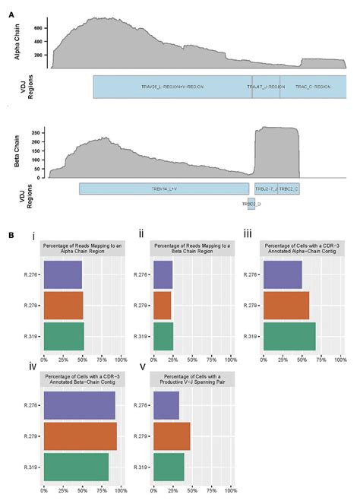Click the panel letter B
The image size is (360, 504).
[x=11, y=236]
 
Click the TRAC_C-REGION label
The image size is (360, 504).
[x=312, y=87]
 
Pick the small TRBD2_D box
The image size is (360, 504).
[x=251, y=204]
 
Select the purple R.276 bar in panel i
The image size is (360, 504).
[x=63, y=274]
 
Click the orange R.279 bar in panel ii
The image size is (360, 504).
[x=163, y=305]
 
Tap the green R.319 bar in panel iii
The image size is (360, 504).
[x=289, y=335]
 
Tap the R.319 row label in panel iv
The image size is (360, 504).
[x=31, y=467]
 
